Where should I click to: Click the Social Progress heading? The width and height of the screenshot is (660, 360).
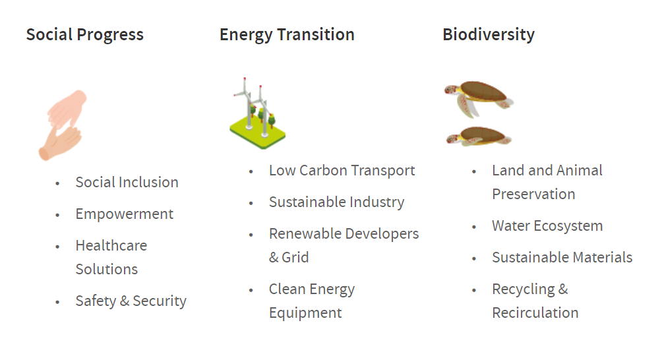84,35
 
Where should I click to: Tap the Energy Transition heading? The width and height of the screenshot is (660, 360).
287,35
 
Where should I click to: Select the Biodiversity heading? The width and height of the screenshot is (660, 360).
489,35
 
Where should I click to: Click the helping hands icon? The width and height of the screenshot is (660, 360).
62,125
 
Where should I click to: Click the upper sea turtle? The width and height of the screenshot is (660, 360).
479,99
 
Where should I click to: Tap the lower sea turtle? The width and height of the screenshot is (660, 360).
479,136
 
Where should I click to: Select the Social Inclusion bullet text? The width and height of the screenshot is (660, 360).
127,183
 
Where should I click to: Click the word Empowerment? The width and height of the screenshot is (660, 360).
124,214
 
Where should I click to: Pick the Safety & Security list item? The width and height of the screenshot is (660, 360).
131,301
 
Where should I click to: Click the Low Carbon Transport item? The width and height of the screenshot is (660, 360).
342,171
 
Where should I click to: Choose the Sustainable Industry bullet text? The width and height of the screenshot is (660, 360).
336,202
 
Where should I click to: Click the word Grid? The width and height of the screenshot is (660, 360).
295,257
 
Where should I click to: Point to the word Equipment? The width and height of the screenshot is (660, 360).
305,313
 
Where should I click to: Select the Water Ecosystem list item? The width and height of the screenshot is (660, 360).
547,226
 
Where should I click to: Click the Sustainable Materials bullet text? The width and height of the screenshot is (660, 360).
562,257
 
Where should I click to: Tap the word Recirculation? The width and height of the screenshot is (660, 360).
535,313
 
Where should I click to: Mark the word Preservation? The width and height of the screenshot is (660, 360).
533,194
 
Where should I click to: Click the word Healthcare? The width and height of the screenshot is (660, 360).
111,245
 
